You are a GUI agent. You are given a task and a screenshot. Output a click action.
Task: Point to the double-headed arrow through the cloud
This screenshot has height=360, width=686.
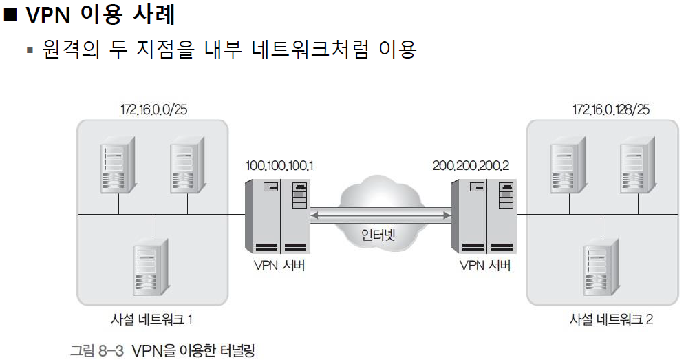click(x=379, y=215)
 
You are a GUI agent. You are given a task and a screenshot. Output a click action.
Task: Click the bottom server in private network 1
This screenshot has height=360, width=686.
click(x=152, y=266)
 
